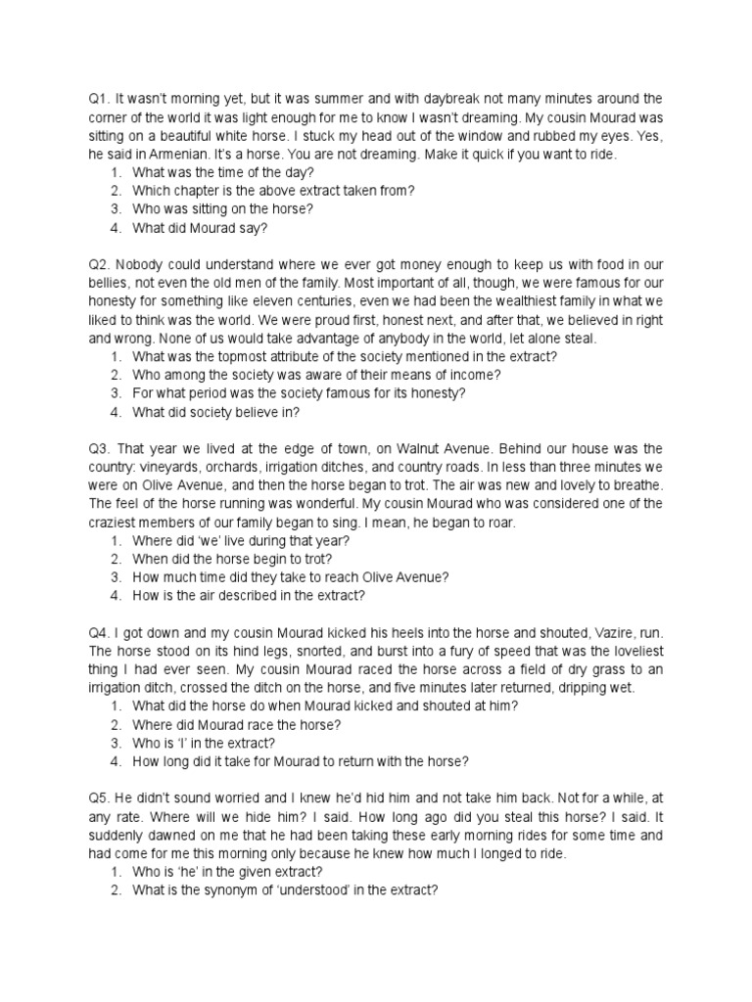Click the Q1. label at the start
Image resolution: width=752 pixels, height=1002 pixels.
click(98, 98)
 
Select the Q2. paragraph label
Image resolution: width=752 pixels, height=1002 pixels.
click(98, 263)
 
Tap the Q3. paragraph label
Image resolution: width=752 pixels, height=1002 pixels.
click(98, 448)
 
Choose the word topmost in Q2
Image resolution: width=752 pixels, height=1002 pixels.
click(218, 356)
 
